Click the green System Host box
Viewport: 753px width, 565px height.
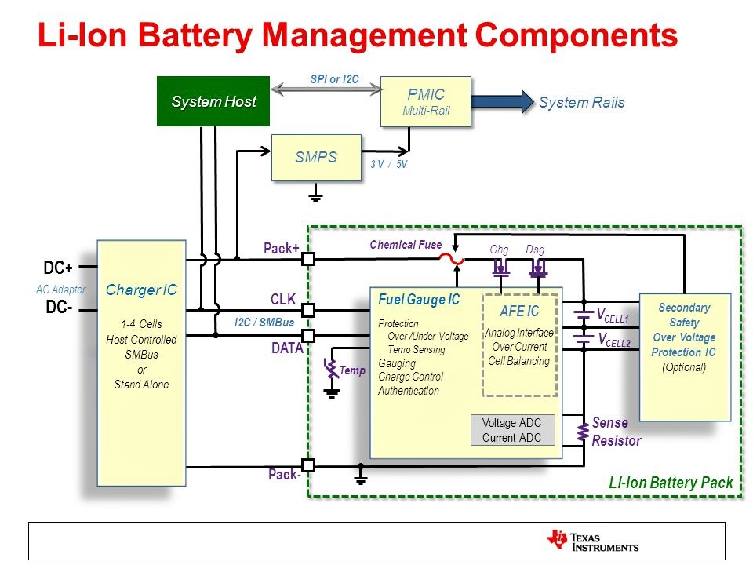click(213, 101)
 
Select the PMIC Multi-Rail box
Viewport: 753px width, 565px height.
click(425, 101)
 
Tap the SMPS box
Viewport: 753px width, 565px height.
click(315, 157)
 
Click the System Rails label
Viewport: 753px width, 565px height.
click(581, 103)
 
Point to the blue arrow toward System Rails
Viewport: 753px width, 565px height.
click(502, 102)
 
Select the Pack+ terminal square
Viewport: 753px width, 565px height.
click(308, 258)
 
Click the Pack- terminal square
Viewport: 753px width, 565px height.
click(308, 465)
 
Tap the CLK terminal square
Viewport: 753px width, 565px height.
click(308, 310)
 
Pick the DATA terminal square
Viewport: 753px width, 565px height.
click(308, 336)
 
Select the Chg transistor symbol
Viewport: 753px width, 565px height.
click(500, 269)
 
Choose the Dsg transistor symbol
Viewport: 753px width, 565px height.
click(538, 269)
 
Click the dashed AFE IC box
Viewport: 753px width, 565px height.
click(518, 345)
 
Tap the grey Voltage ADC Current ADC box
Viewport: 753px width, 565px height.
click(511, 430)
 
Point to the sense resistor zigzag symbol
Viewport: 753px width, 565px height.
click(583, 433)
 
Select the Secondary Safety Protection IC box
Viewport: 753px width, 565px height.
click(685, 357)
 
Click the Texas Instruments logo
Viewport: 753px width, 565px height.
click(593, 541)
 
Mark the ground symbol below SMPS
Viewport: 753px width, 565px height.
click(315, 195)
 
